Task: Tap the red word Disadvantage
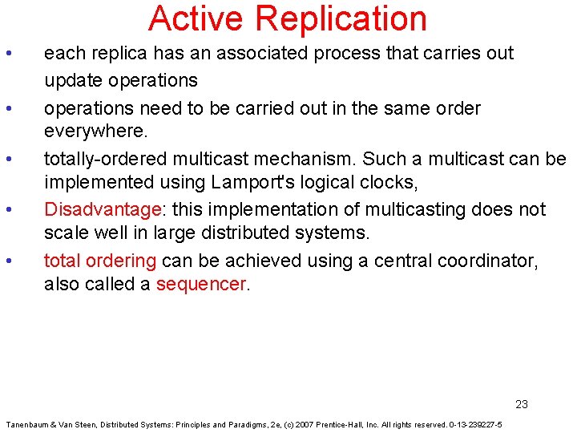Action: [102, 210]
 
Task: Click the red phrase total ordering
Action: [100, 261]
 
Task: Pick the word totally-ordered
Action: [98, 159]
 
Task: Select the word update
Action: [71, 80]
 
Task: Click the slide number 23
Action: [522, 404]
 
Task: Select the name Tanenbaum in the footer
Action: [29, 424]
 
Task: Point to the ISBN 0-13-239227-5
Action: [475, 424]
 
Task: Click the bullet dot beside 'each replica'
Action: [8, 54]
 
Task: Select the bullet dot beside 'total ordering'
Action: [8, 261]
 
